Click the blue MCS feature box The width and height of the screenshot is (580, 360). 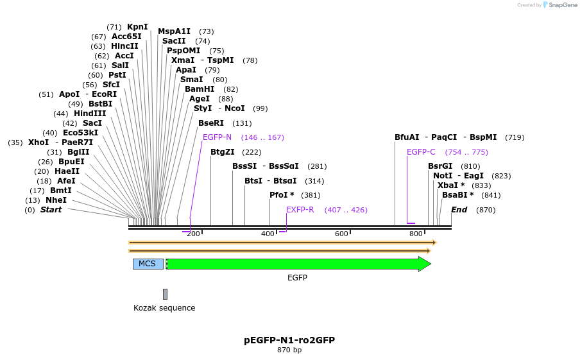click(x=148, y=264)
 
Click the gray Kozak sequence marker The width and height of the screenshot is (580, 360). click(x=165, y=294)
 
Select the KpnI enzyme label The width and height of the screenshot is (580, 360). click(x=137, y=27)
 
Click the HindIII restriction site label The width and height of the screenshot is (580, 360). click(x=90, y=113)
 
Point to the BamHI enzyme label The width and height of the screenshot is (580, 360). click(x=200, y=89)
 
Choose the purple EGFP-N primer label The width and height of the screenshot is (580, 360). click(x=217, y=137)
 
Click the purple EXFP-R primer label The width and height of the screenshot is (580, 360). click(x=300, y=210)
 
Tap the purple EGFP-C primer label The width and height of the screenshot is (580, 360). click(x=421, y=152)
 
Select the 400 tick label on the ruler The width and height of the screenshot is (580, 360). click(x=268, y=234)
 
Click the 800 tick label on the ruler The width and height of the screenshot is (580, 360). click(x=416, y=234)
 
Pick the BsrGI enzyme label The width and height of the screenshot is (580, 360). click(x=440, y=166)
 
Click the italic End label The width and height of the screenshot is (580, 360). click(x=459, y=210)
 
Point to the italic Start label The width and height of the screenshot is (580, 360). click(x=51, y=210)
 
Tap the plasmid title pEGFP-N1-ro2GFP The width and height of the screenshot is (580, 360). click(x=289, y=340)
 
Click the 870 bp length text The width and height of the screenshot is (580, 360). click(x=289, y=350)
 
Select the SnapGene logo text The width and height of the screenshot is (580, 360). click(x=563, y=5)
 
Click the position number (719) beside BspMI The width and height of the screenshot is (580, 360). click(x=515, y=137)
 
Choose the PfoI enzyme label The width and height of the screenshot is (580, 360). click(x=278, y=195)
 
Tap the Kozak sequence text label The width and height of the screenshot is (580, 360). click(x=164, y=308)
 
